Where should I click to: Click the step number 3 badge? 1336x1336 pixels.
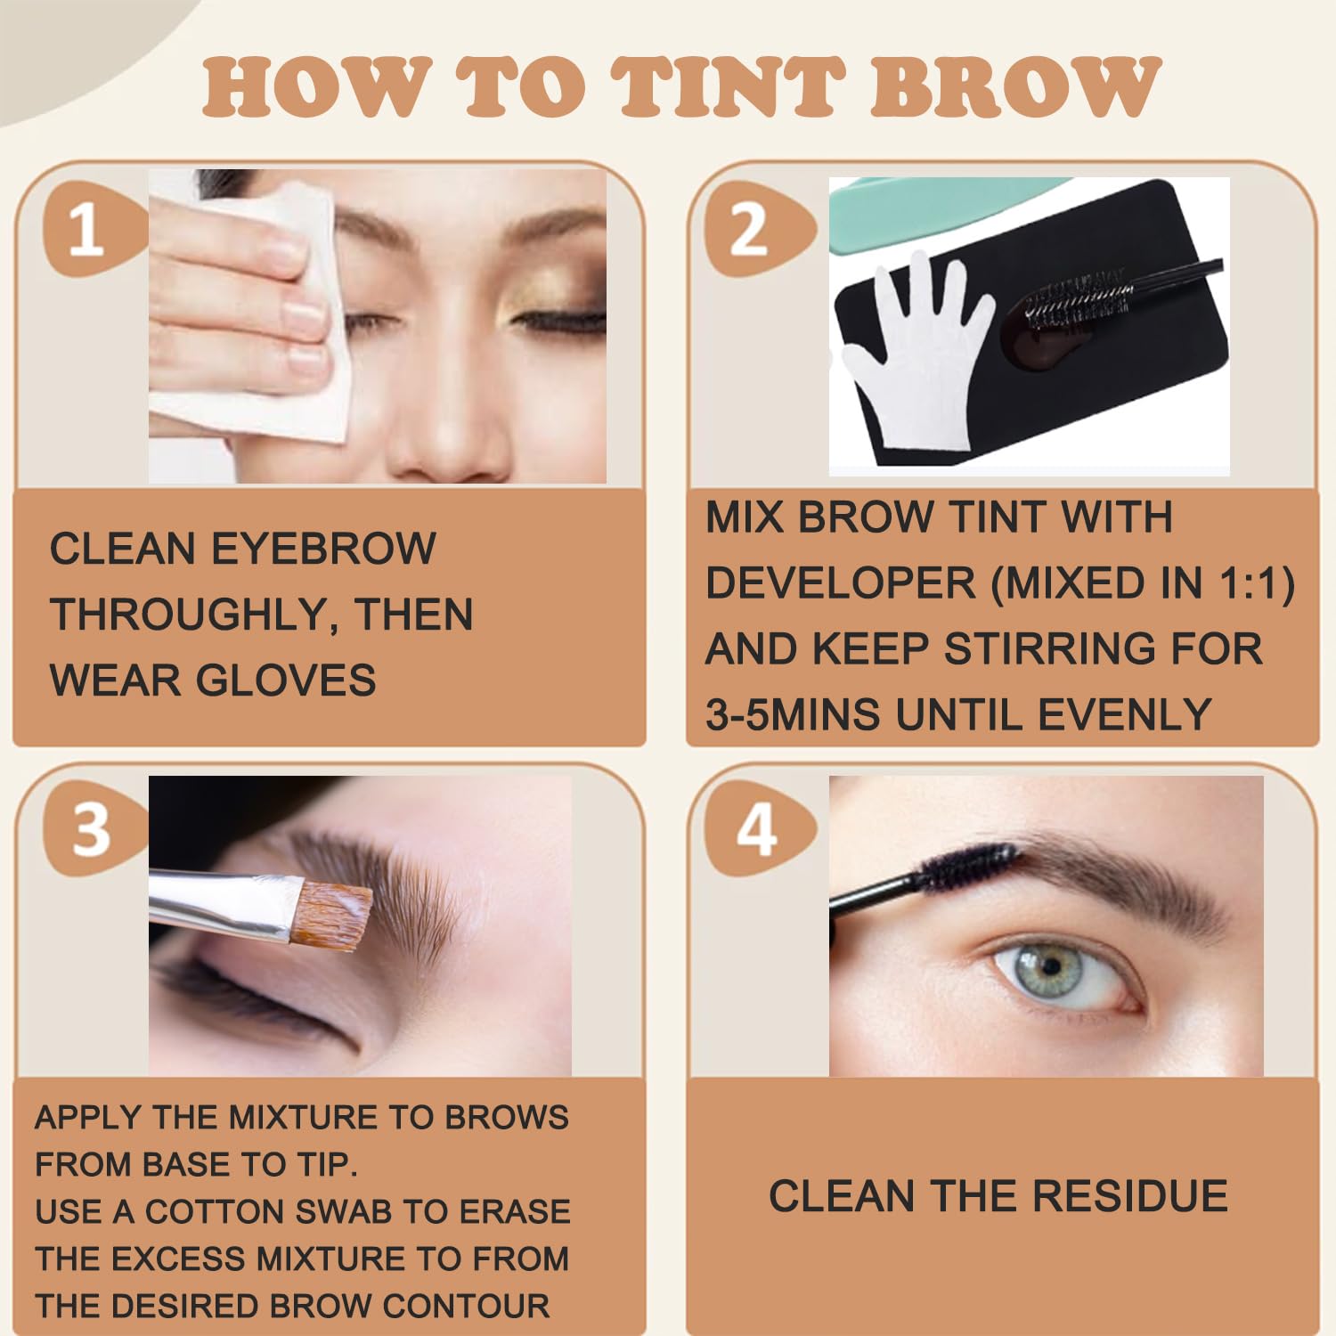click(x=92, y=829)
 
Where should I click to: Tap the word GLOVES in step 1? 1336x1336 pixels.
click(x=286, y=680)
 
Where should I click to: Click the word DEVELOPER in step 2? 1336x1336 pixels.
click(x=841, y=583)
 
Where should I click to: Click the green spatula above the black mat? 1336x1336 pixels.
click(x=944, y=209)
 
